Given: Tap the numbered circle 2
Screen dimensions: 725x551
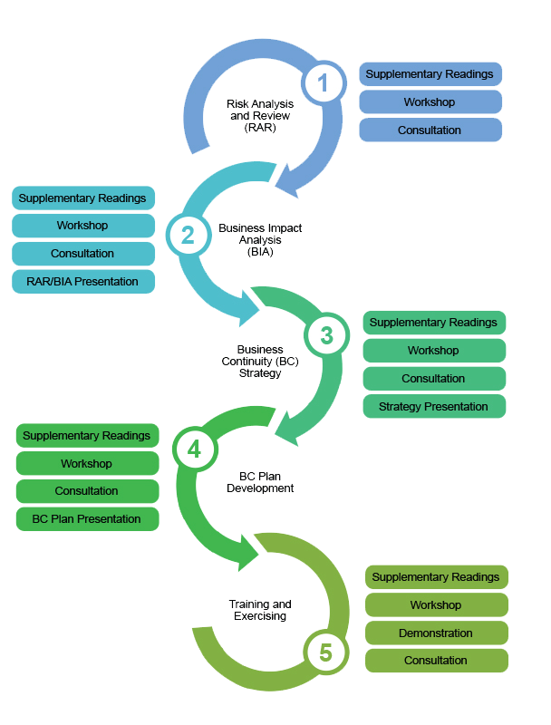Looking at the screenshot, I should click(x=188, y=235).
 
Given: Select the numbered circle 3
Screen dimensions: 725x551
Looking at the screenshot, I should click(x=326, y=335).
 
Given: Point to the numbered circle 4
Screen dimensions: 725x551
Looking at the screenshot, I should click(x=193, y=449).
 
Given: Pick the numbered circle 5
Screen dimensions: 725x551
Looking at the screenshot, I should click(x=325, y=652).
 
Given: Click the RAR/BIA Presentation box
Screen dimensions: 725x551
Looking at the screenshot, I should click(x=83, y=282).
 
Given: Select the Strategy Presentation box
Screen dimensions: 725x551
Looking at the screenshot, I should click(x=434, y=407).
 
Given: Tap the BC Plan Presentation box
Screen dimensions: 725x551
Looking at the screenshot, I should click(x=87, y=519).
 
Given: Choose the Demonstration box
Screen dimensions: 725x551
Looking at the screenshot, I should click(x=436, y=633).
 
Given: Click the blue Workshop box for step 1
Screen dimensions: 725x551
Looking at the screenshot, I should click(x=430, y=102).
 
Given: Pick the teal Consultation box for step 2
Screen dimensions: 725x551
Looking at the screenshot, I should click(x=83, y=254).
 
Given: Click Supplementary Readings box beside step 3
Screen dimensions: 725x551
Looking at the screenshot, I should click(x=434, y=323).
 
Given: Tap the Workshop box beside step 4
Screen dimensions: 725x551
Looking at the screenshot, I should click(x=87, y=464).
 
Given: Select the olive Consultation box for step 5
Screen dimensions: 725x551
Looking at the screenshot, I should click(x=436, y=661).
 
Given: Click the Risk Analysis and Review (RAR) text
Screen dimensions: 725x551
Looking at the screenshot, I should click(x=260, y=116).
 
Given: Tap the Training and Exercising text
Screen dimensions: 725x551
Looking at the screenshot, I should click(x=260, y=610).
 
